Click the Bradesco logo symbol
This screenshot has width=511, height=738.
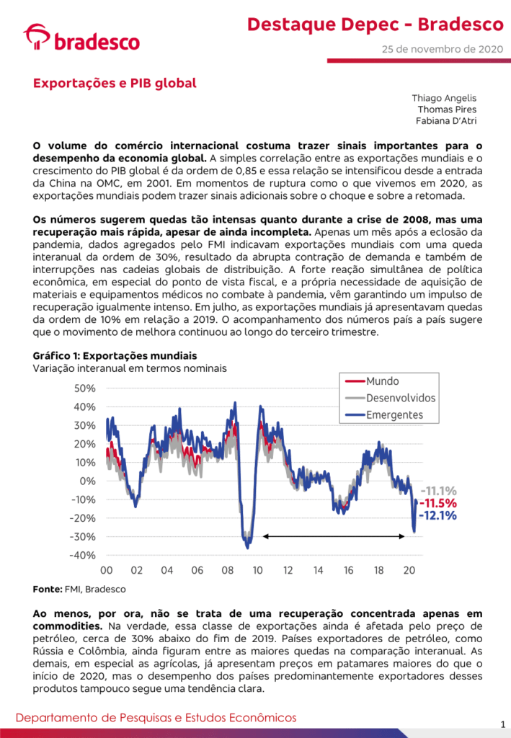pyautogui.click(x=36, y=36)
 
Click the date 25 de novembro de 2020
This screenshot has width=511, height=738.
pyautogui.click(x=443, y=49)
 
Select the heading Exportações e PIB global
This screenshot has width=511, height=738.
pyautogui.click(x=115, y=84)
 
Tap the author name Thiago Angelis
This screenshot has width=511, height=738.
pyautogui.click(x=444, y=98)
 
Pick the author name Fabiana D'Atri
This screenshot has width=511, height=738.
pyautogui.click(x=446, y=121)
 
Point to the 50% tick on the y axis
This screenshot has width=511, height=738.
pyautogui.click(x=85, y=388)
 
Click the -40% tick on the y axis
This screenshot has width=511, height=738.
pyautogui.click(x=82, y=556)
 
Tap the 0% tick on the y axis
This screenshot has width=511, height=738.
pyautogui.click(x=87, y=481)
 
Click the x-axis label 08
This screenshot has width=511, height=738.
pyautogui.click(x=227, y=571)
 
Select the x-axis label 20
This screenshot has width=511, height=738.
pyautogui.click(x=409, y=571)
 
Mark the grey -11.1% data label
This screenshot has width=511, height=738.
pyautogui.click(x=438, y=491)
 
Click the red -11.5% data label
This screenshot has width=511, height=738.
pyautogui.click(x=438, y=503)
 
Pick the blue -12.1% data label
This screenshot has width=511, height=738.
pyautogui.click(x=438, y=515)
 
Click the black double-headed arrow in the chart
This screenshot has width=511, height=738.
pyautogui.click(x=334, y=536)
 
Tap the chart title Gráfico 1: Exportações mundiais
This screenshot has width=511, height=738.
pyautogui.click(x=115, y=356)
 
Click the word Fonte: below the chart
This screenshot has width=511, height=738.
pyautogui.click(x=48, y=590)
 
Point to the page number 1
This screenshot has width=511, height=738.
pyautogui.click(x=503, y=724)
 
